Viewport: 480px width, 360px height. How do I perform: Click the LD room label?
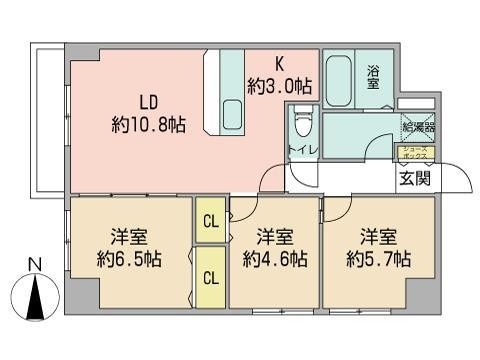pyautogui.click(x=148, y=102)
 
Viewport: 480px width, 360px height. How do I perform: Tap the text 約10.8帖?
pyautogui.click(x=148, y=124)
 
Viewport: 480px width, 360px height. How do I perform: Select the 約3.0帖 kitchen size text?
pyautogui.click(x=281, y=87)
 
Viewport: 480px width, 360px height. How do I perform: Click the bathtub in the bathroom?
pyautogui.click(x=338, y=77)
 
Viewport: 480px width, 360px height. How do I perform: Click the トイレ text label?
pyautogui.click(x=303, y=153)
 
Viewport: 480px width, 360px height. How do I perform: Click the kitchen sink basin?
pyautogui.click(x=233, y=112)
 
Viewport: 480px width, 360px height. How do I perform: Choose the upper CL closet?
pyautogui.click(x=209, y=222)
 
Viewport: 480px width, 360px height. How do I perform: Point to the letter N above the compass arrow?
pyautogui.click(x=34, y=265)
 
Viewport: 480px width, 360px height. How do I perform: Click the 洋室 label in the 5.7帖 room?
pyautogui.click(x=378, y=238)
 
